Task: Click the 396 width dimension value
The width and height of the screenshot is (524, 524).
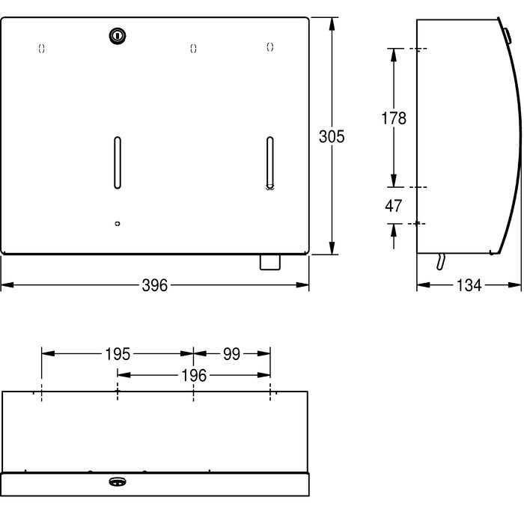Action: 155,285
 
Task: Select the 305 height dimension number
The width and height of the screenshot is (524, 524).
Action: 332,137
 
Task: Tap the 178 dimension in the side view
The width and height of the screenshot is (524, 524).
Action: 394,118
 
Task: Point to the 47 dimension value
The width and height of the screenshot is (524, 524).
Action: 393,206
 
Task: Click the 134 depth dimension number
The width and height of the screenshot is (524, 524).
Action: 469,285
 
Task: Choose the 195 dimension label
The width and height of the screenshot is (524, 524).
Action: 118,354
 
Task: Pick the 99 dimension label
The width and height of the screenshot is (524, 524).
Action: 231,354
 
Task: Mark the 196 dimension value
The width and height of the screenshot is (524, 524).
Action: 194,376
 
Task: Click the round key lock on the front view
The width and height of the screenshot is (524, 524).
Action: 118,35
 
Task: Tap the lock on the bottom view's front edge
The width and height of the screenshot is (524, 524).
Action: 118,481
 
